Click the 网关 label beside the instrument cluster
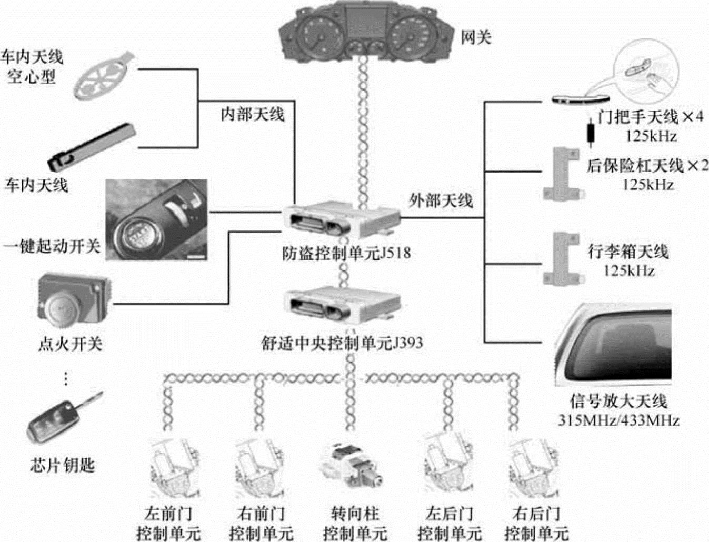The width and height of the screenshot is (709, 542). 476,37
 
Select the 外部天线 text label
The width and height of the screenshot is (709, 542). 441,200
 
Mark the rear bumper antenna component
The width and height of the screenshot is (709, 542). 562,174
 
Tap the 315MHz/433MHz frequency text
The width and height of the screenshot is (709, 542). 618,420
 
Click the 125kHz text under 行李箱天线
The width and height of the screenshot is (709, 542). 628,271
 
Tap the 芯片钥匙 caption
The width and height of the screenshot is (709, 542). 62,465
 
